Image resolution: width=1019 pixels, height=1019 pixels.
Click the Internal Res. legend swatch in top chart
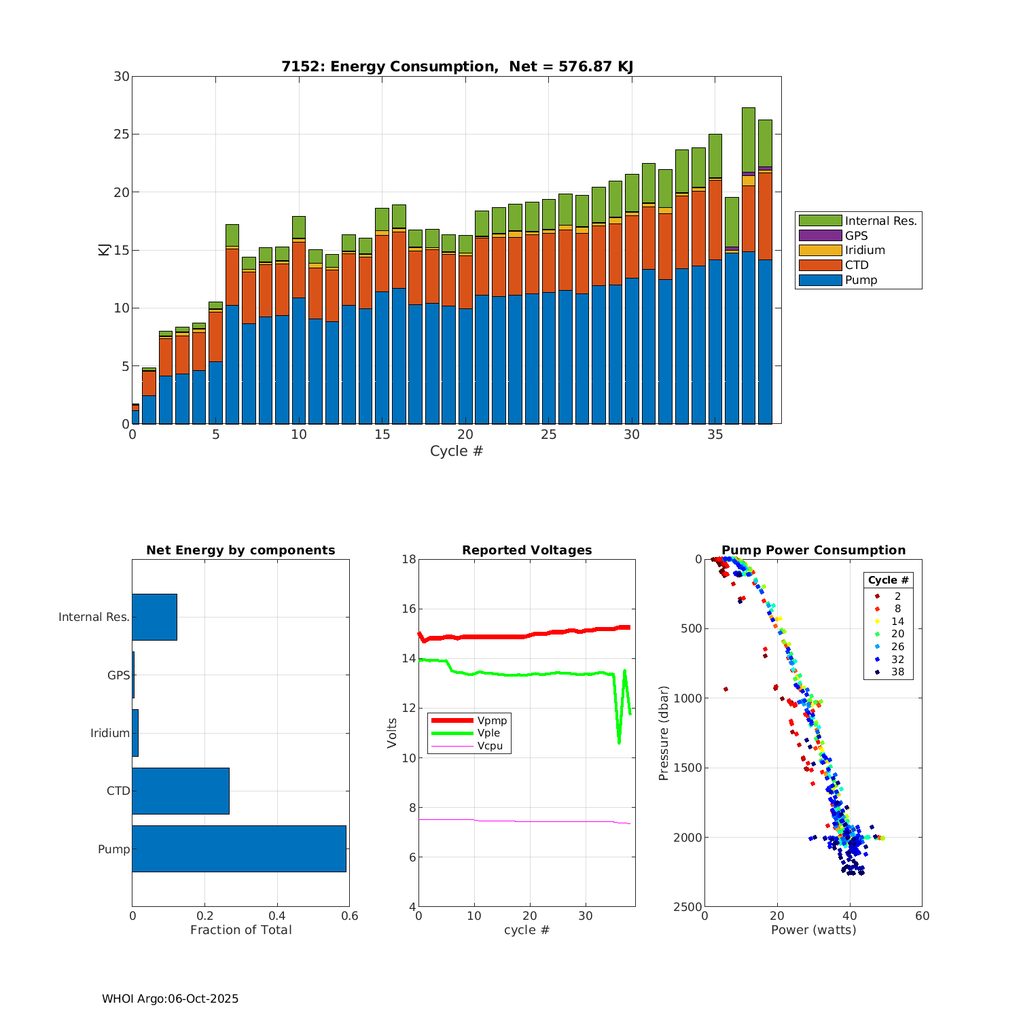point(820,220)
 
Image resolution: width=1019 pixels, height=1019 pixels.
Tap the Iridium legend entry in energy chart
point(864,250)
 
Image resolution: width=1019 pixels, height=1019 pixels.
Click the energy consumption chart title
point(457,67)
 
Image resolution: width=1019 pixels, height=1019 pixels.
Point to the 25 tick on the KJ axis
point(122,135)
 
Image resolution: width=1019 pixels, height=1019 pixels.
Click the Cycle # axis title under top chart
point(457,451)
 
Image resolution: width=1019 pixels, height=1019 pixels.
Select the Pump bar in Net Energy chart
point(239,848)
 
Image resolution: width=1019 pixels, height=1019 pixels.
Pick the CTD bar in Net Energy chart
point(181,791)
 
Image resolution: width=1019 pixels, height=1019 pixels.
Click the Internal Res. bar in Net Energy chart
point(154,617)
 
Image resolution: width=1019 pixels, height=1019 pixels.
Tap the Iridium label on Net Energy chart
point(110,733)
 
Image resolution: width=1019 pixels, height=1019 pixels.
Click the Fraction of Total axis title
point(241,930)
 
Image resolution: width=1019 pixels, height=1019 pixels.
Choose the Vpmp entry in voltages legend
point(492,720)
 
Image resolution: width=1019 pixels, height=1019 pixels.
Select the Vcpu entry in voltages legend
point(490,746)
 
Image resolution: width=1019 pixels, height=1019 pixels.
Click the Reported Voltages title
point(527,550)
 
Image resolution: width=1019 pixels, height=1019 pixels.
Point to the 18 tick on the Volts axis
point(409,559)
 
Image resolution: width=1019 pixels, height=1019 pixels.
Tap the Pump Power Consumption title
point(813,550)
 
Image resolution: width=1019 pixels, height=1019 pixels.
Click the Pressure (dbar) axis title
point(664,732)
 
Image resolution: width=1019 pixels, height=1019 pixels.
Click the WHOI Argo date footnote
point(171,999)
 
